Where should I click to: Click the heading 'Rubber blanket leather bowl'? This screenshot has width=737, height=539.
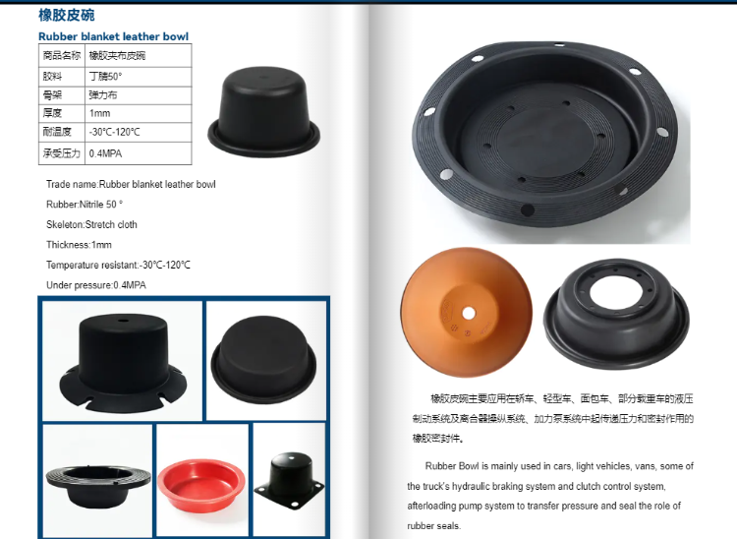pyautogui.click(x=113, y=36)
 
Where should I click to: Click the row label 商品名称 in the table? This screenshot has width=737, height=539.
pyautogui.click(x=60, y=56)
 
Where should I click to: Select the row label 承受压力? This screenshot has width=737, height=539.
pyautogui.click(x=60, y=153)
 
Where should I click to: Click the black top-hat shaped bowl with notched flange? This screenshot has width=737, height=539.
pyautogui.click(x=121, y=360)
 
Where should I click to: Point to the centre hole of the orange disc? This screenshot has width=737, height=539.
pyautogui.click(x=469, y=313)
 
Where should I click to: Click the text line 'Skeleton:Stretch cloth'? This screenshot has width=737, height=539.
pyautogui.click(x=91, y=224)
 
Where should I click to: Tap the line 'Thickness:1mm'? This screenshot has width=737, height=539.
pyautogui.click(x=79, y=245)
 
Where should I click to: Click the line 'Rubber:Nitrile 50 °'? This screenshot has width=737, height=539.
pyautogui.click(x=85, y=205)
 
